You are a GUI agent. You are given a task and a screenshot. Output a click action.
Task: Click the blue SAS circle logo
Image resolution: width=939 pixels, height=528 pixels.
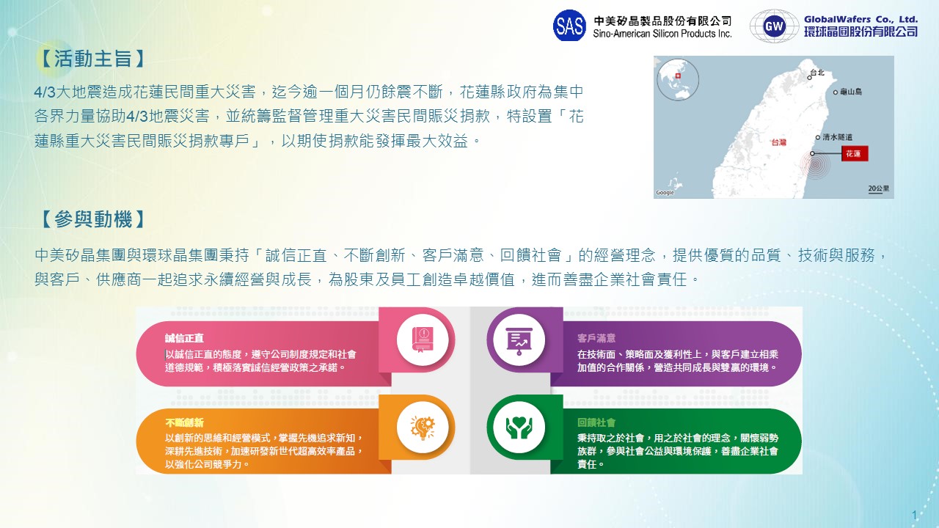point(569,26)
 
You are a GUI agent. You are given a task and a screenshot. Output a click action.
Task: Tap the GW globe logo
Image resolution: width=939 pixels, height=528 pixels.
point(774,26)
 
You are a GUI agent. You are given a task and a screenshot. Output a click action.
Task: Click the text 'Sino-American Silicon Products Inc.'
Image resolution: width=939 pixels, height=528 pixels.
point(662,34)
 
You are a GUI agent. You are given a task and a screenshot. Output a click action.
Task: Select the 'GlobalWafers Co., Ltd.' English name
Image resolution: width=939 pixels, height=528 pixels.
point(861,19)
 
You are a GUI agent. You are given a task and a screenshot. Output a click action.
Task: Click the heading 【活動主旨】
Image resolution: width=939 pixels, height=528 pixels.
point(92,58)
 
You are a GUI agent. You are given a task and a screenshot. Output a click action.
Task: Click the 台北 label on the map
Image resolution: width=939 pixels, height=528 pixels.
point(817,73)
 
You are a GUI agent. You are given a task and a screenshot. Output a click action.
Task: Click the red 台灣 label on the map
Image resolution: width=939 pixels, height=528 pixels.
point(779,142)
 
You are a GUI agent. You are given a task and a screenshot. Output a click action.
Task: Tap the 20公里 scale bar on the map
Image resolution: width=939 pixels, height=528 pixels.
point(879,189)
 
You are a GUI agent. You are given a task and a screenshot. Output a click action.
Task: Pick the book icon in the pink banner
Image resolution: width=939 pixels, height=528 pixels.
point(423,340)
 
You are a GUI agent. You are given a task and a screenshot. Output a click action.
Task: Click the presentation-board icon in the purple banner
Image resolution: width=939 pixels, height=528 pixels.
point(519,341)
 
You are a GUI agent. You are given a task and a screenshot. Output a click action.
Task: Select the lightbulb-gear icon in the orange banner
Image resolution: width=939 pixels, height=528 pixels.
point(423,428)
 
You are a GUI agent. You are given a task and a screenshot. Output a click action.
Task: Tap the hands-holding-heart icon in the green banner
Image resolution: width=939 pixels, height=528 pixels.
point(519,428)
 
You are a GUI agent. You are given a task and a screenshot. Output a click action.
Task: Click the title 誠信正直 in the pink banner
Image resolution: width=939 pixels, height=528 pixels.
point(184,338)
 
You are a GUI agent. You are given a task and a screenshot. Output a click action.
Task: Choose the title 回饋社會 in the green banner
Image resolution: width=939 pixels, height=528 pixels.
point(596,423)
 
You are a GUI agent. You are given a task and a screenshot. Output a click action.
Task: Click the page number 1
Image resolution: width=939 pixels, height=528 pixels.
point(914,515)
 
